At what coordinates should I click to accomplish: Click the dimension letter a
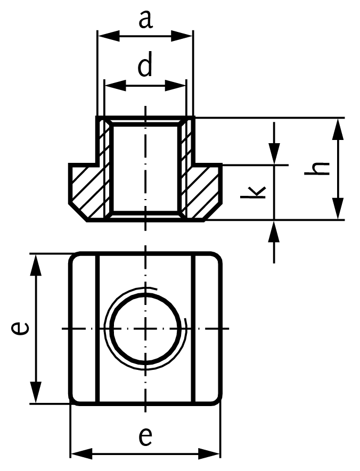click(145, 20)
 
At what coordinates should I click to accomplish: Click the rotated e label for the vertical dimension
click(20, 328)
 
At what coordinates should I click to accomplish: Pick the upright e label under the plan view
click(145, 436)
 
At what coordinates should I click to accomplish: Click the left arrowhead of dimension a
click(103, 37)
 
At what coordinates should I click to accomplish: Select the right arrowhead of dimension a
click(186, 37)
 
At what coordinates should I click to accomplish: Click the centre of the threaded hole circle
click(145, 328)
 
